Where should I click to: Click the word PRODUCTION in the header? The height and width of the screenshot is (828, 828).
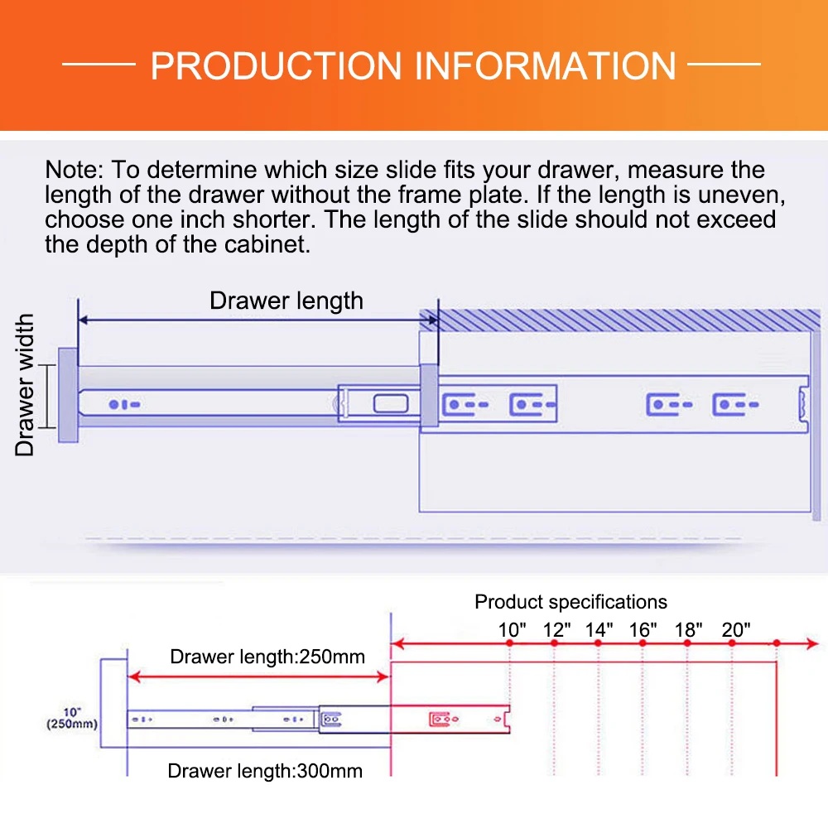pos(277,66)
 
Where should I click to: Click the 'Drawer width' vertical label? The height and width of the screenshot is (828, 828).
pos(26,384)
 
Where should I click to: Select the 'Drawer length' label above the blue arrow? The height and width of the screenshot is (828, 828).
pos(286,300)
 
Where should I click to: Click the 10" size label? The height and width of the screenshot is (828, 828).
pos(513,628)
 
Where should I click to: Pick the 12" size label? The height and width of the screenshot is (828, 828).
pos(556,628)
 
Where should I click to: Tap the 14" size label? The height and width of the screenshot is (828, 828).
pos(599,628)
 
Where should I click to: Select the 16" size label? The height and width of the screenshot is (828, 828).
pos(643,628)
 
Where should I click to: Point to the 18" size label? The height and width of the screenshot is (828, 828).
pos(688,628)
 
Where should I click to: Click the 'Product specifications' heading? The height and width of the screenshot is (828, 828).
pos(570,602)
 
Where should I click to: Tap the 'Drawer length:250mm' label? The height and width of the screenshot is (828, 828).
pos(267,657)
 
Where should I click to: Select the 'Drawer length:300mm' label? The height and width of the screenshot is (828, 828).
pos(265,771)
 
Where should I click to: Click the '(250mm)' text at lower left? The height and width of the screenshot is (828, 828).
pos(70,724)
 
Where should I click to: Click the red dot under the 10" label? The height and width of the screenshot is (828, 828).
pos(512,643)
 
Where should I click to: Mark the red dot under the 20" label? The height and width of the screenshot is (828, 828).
pos(732,643)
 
